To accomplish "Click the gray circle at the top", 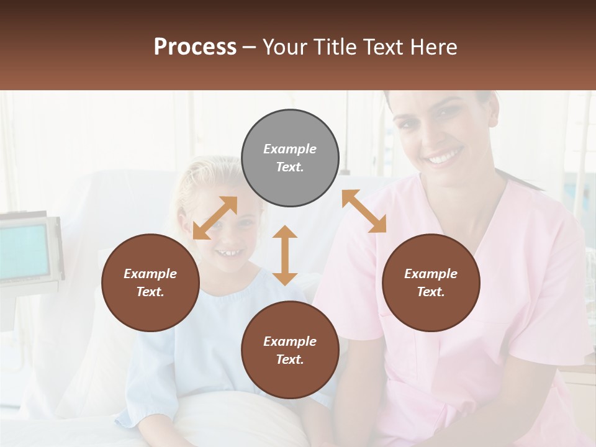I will pyautogui.click(x=290, y=158).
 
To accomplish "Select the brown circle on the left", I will pyautogui.click(x=150, y=282).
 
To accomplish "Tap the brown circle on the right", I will pyautogui.click(x=431, y=282).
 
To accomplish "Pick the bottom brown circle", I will pyautogui.click(x=290, y=350).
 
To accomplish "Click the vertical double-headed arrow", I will pyautogui.click(x=285, y=255).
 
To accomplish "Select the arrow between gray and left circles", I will pyautogui.click(x=215, y=218).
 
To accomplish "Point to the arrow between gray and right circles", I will pyautogui.click(x=364, y=211).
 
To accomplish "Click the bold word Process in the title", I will pyautogui.click(x=195, y=47).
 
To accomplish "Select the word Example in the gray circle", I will pyautogui.click(x=290, y=149).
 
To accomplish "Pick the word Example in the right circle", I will pyautogui.click(x=431, y=274).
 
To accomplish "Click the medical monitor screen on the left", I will pyautogui.click(x=24, y=251).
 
